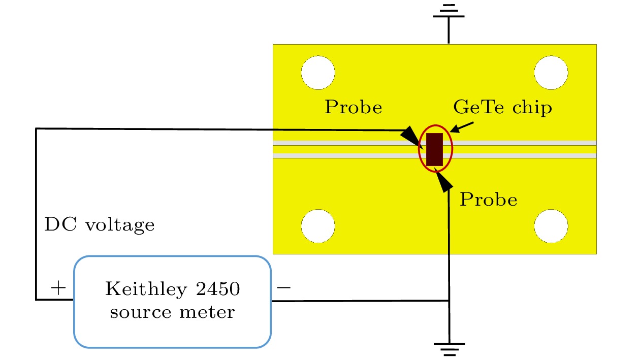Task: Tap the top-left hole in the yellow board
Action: click(x=317, y=73)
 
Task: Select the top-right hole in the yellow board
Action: click(x=551, y=73)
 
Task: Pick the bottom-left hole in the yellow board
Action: click(x=318, y=226)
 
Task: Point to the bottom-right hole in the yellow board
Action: click(x=551, y=226)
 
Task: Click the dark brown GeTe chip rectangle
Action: click(x=435, y=149)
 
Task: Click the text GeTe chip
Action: click(x=502, y=108)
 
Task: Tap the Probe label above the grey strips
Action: click(x=354, y=108)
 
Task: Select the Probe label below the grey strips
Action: click(x=488, y=200)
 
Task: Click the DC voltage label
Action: click(x=100, y=224)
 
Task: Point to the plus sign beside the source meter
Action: click(x=58, y=288)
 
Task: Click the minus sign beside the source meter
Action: click(x=283, y=288)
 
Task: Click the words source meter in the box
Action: click(x=172, y=311)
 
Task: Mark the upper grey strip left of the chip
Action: click(x=345, y=143)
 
